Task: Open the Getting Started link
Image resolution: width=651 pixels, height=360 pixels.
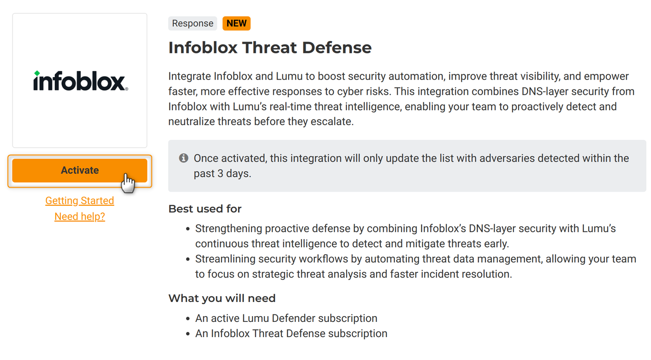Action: click(80, 201)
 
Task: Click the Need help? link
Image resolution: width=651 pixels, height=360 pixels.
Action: click(80, 217)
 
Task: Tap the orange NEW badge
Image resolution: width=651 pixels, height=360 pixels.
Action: click(237, 23)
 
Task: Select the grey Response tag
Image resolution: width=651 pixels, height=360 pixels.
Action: click(193, 23)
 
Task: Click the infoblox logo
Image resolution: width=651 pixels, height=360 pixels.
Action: click(80, 81)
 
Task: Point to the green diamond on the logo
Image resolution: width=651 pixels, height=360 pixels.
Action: click(37, 73)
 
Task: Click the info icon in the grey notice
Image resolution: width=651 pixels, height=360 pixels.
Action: click(183, 158)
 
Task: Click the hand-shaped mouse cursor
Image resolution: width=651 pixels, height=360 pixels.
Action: click(128, 183)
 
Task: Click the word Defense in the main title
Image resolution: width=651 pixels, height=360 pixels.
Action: click(337, 48)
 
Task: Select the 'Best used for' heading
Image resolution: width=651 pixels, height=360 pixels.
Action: click(205, 209)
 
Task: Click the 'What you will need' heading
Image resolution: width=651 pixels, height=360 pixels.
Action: click(222, 299)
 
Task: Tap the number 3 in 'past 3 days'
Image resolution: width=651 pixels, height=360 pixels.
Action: click(220, 173)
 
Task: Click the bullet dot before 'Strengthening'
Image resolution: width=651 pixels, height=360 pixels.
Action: click(188, 229)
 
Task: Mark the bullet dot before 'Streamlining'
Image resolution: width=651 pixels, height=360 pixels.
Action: click(188, 260)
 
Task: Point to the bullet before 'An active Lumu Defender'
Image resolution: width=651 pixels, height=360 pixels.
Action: click(188, 319)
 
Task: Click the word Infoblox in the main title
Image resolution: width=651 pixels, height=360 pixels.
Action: click(203, 48)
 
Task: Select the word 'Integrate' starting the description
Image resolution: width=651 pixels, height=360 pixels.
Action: click(190, 77)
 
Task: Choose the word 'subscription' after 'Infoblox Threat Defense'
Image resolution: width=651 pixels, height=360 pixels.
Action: click(358, 334)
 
